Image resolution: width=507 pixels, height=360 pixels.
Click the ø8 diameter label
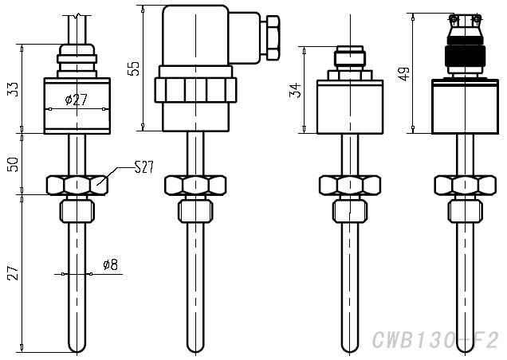pos(110,265)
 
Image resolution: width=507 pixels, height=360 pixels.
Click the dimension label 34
pos(296,88)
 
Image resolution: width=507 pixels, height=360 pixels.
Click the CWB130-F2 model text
pos(438,341)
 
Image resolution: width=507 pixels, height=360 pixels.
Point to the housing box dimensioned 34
pos(345,106)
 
